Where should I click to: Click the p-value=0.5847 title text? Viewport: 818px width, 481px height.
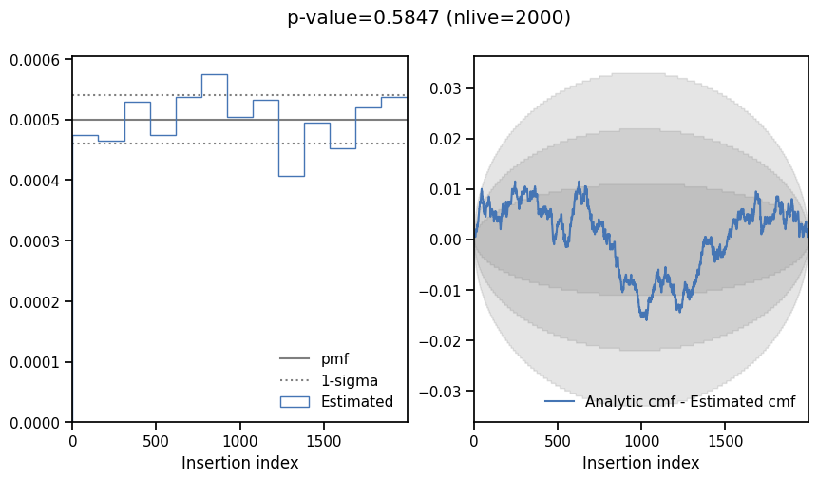pyautogui.click(x=363, y=18)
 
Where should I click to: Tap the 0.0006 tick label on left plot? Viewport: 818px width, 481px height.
pyautogui.click(x=34, y=60)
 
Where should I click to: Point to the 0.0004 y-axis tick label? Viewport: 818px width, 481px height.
pyautogui.click(x=34, y=181)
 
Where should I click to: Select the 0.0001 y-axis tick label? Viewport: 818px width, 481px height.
pyautogui.click(x=34, y=362)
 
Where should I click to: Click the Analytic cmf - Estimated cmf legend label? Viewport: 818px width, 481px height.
pyautogui.click(x=690, y=401)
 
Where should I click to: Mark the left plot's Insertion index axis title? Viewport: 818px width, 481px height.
pyautogui.click(x=240, y=463)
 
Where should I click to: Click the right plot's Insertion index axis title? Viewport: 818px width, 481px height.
pyautogui.click(x=640, y=463)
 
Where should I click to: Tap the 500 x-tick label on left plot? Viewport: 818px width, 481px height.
pyautogui.click(x=156, y=442)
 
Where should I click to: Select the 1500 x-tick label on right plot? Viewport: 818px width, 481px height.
pyautogui.click(x=725, y=442)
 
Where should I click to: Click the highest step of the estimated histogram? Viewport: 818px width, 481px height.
pyautogui.click(x=215, y=75)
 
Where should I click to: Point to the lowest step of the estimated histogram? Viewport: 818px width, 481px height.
pyautogui.click(x=292, y=176)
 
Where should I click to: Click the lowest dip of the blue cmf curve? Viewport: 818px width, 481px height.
pyautogui.click(x=646, y=319)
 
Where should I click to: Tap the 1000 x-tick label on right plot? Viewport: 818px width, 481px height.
pyautogui.click(x=641, y=442)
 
